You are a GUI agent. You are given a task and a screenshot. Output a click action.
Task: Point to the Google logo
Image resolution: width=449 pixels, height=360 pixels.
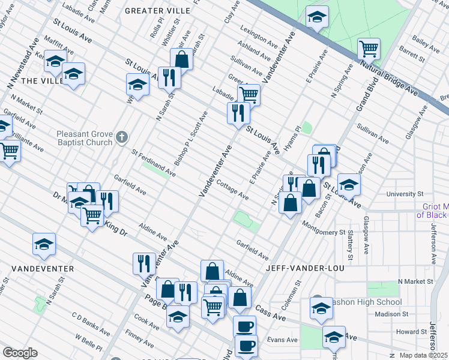click(x=20, y=353)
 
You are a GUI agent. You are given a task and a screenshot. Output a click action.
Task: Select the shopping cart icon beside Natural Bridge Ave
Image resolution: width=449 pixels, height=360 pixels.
click(x=369, y=48)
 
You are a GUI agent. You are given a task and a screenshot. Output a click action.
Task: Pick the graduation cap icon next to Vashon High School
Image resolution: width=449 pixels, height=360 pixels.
click(x=321, y=308)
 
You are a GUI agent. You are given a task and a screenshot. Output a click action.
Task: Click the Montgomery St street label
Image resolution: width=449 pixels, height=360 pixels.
click(x=324, y=229)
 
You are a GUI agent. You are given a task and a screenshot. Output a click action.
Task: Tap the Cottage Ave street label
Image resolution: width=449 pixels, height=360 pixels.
click(x=232, y=190)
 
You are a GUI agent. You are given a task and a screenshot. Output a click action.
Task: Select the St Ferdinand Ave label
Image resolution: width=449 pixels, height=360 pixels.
click(x=153, y=164)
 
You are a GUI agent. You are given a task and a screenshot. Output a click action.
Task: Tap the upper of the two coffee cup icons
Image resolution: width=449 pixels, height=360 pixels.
click(x=244, y=326)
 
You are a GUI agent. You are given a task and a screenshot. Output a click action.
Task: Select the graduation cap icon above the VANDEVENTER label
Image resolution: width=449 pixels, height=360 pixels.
click(x=44, y=244)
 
